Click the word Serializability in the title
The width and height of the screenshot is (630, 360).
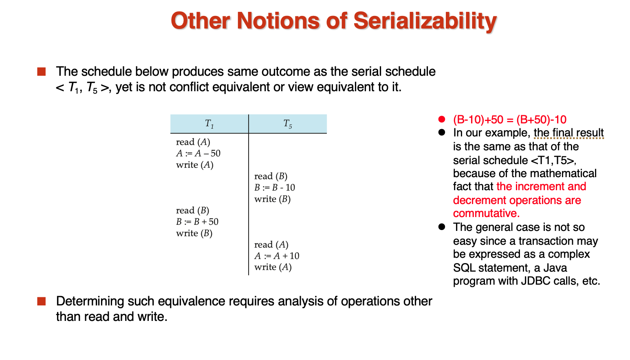point(425,22)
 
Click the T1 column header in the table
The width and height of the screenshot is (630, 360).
point(209,124)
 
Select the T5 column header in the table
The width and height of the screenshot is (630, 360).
point(288,124)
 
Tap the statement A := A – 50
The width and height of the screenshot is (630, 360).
point(198,154)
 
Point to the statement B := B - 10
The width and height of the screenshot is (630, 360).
point(275,187)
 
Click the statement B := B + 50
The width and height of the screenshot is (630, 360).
point(197,222)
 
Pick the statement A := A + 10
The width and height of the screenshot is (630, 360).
point(277,256)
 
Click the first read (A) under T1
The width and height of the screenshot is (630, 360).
point(193,142)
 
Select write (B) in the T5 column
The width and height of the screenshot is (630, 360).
point(272,199)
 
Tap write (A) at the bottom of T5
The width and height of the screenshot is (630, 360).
point(273,267)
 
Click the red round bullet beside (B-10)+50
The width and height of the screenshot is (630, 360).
point(442,119)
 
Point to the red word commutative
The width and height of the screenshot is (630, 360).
point(486,213)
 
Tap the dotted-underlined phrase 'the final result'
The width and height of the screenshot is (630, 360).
point(569,133)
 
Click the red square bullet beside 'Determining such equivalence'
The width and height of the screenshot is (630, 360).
point(41,301)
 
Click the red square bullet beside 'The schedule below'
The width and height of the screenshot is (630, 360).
point(41,72)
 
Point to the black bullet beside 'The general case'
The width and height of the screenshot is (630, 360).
point(442,227)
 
